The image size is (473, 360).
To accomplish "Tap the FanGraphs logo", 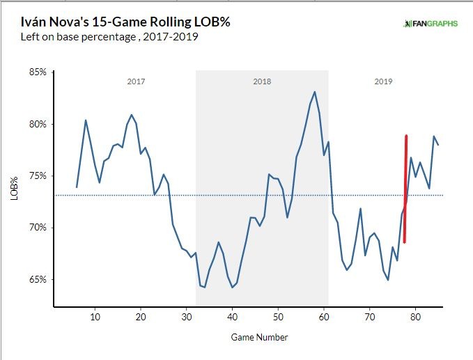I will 431,24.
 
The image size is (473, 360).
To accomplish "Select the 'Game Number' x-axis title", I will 259,338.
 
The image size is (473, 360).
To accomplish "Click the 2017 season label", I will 136,81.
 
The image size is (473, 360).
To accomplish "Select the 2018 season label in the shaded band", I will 262,81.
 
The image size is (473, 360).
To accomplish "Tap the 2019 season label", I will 383,81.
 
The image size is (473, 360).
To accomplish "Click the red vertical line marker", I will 405,188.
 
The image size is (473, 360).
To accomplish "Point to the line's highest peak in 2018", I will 315,91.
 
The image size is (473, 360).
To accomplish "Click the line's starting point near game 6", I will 77,187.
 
